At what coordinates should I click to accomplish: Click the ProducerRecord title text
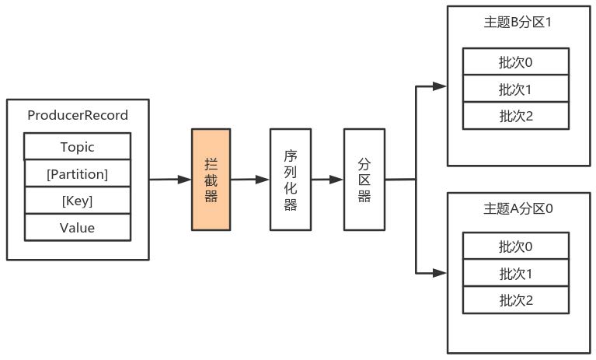[78, 115]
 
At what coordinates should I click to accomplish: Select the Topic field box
[78, 147]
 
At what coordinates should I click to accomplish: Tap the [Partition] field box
[78, 174]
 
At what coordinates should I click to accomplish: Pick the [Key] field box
[78, 201]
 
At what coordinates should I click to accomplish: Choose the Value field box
[78, 228]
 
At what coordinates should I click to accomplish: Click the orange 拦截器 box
[211, 180]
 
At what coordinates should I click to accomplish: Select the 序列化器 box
[290, 180]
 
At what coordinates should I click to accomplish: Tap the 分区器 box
[364, 180]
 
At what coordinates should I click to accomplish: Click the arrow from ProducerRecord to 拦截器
[170, 180]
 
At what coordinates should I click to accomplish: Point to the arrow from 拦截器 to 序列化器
[249, 180]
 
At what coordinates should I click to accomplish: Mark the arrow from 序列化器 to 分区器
[326, 180]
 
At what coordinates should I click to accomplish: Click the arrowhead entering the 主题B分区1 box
[441, 86]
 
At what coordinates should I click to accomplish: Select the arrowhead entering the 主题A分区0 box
[441, 273]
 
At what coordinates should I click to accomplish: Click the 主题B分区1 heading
[517, 22]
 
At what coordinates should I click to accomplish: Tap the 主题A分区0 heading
[517, 208]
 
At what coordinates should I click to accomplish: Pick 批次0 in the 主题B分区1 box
[516, 61]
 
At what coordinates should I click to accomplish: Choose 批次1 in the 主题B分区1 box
[516, 89]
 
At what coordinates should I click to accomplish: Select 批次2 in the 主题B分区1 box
[516, 116]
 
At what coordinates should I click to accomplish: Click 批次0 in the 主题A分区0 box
[516, 246]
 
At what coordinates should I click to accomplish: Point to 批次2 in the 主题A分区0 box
[516, 300]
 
